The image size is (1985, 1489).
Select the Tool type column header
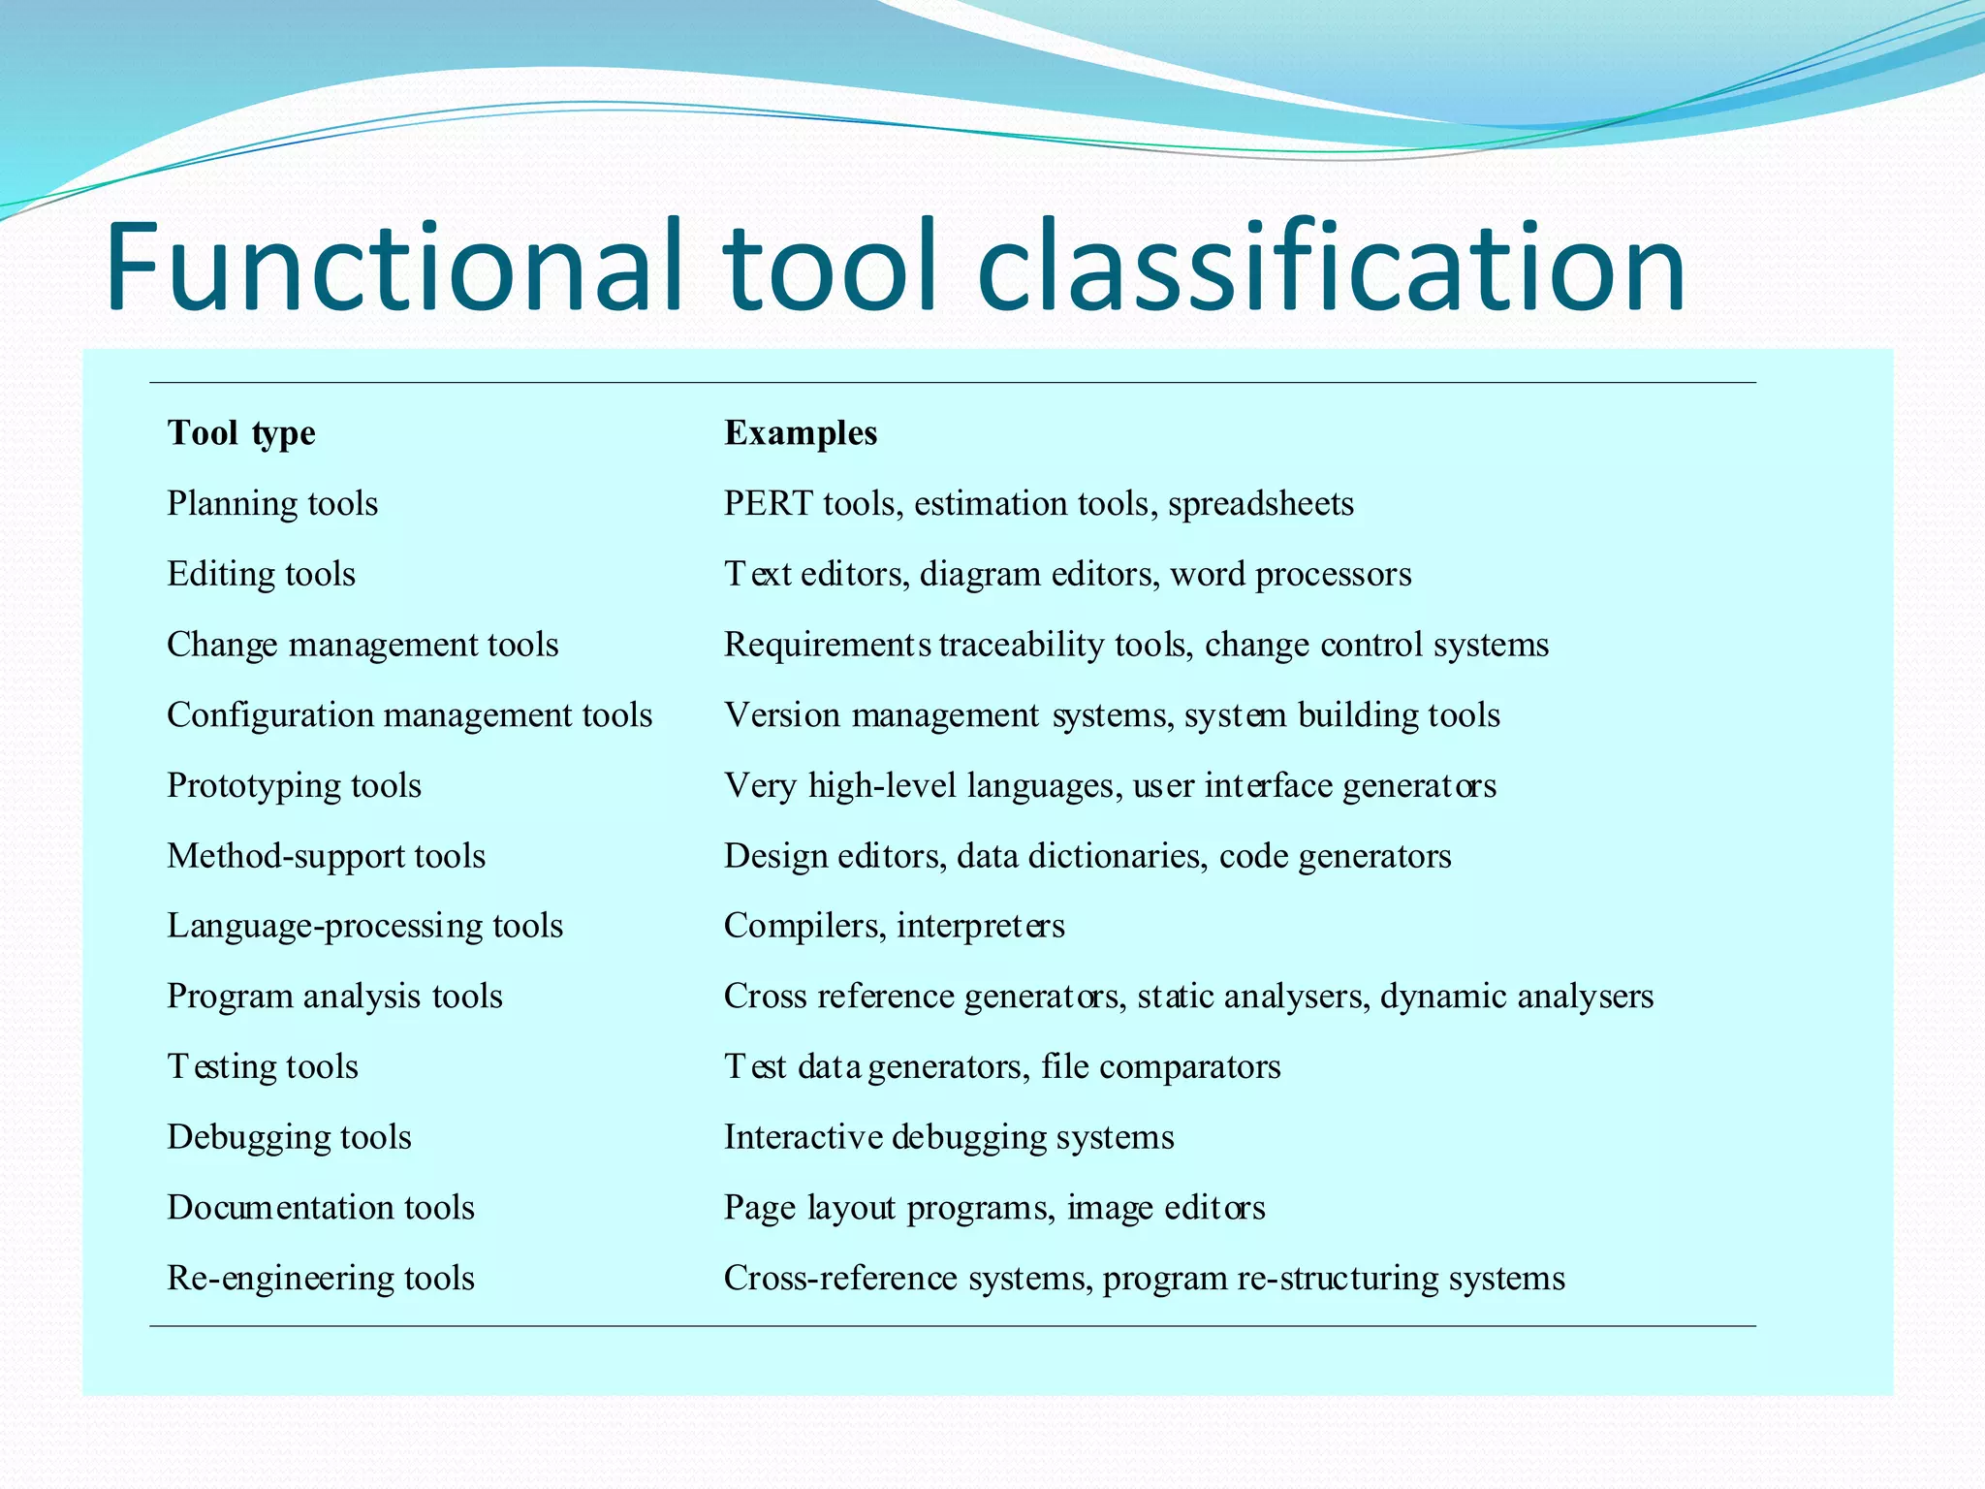(x=241, y=432)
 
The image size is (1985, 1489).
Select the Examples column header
(x=801, y=432)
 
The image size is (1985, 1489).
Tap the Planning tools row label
(x=272, y=503)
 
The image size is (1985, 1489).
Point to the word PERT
(x=768, y=503)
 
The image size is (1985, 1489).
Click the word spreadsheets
(x=1260, y=504)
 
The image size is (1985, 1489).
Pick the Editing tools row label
(x=261, y=574)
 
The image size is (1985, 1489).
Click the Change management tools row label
(x=362, y=645)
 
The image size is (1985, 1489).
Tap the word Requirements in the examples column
(x=827, y=645)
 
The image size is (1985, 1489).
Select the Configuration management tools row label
(x=409, y=715)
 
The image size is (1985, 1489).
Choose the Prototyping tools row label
(x=294, y=786)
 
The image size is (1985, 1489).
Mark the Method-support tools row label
(x=326, y=856)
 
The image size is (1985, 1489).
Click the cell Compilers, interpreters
(x=894, y=926)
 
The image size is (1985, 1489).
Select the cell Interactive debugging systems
(x=949, y=1137)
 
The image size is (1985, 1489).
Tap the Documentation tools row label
(x=321, y=1208)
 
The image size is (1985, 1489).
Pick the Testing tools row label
(x=263, y=1066)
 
